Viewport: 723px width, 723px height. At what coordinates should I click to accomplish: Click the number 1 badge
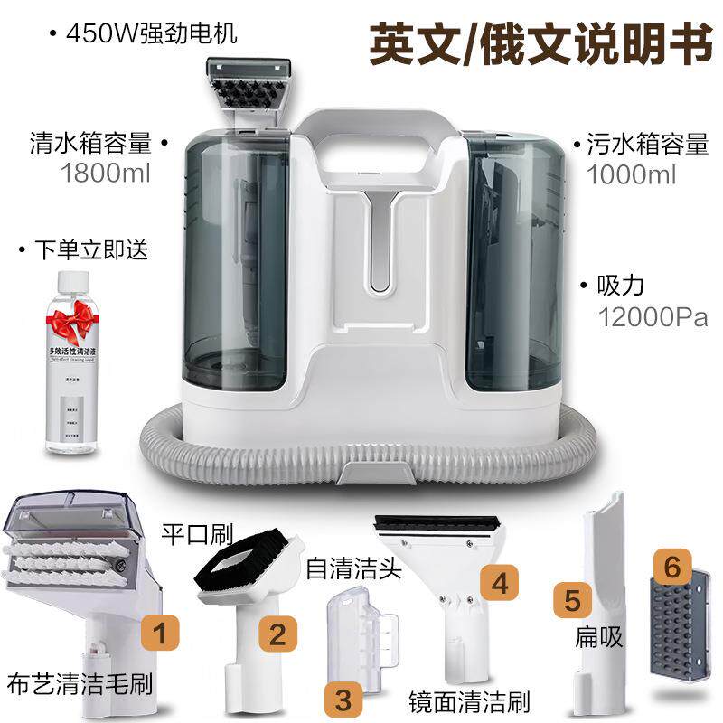point(160,632)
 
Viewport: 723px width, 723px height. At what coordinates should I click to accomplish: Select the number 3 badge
point(343,699)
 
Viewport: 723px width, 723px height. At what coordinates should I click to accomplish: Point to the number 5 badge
point(572,598)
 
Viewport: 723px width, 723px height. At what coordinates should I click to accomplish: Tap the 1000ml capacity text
point(632,175)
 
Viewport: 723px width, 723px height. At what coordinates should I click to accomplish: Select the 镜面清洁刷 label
point(469,700)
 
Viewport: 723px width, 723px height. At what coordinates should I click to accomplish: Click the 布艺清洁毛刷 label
point(78,682)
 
